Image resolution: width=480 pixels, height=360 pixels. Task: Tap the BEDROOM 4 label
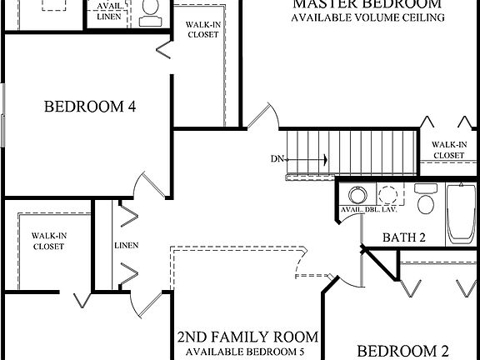[90, 107]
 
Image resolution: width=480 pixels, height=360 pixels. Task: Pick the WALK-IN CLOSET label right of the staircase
[448, 149]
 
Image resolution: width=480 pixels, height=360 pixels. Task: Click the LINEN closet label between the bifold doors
[127, 245]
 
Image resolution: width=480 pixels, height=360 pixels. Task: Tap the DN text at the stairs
[277, 158]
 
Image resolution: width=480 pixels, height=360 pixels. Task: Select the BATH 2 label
[404, 237]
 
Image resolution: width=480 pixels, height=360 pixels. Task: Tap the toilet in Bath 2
[426, 201]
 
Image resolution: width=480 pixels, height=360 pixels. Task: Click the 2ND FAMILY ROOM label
[247, 337]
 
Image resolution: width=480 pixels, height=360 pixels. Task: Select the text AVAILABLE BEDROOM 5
[247, 352]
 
